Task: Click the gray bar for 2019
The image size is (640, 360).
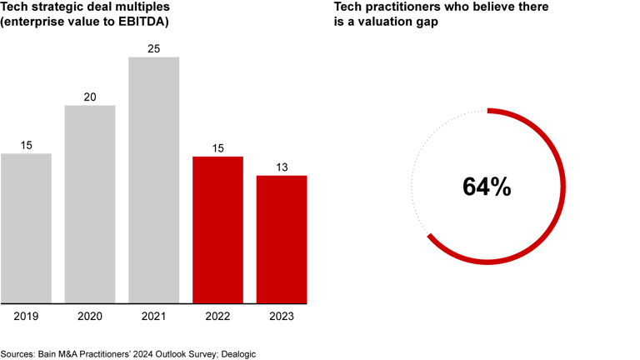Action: tap(26, 228)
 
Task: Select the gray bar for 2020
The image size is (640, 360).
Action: tap(90, 204)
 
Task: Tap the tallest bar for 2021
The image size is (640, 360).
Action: tap(153, 180)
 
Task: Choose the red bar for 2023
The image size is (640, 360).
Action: tap(281, 239)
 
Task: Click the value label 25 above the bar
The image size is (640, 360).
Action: tap(153, 49)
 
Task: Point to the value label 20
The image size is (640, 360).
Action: tap(90, 97)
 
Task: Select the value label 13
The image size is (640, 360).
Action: tap(281, 167)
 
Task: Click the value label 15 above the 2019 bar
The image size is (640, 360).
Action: tap(26, 146)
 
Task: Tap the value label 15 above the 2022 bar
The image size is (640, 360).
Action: tap(217, 148)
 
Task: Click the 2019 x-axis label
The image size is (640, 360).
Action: tap(26, 317)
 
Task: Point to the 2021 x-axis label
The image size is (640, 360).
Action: tap(153, 317)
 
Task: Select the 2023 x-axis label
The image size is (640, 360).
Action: tap(281, 317)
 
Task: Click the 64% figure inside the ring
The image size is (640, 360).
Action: tap(487, 187)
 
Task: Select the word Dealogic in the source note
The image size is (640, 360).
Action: tap(235, 354)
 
